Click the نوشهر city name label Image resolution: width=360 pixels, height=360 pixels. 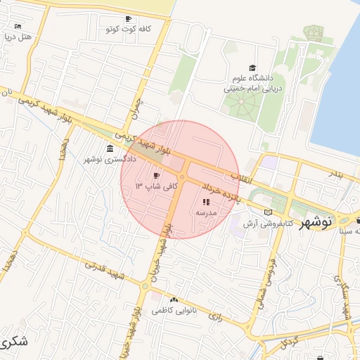(316, 222)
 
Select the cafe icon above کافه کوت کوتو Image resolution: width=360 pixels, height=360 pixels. (127, 19)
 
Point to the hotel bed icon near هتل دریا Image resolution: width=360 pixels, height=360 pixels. (18, 27)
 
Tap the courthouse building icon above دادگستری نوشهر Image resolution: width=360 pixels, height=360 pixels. (110, 149)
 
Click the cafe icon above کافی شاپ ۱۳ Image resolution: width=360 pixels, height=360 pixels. (155, 174)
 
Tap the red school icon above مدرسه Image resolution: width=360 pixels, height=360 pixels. (205, 202)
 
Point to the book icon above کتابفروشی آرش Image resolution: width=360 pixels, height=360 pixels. (266, 212)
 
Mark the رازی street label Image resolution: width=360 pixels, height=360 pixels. (215, 317)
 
